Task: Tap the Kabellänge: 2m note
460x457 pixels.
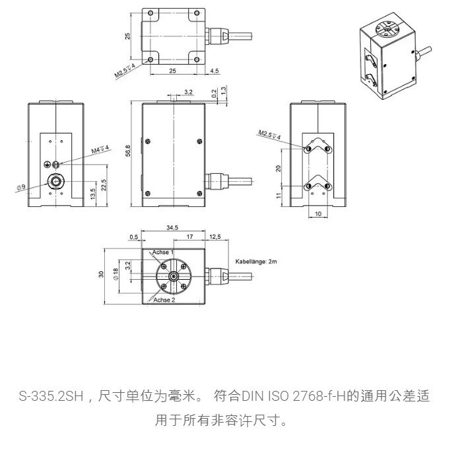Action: [x=257, y=261]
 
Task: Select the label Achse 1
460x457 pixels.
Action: [x=163, y=253]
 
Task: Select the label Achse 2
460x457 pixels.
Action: [x=164, y=300]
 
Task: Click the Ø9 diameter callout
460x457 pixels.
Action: [x=21, y=187]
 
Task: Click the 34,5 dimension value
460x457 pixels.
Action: [x=172, y=228]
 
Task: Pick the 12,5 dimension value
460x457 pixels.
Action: [x=215, y=236]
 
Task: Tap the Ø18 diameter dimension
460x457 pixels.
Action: [x=116, y=274]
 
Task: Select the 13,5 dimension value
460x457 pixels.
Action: [x=93, y=193]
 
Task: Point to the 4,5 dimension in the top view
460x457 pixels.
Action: [x=214, y=70]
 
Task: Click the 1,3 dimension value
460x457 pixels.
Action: [x=224, y=90]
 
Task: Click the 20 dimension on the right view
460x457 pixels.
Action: [x=279, y=168]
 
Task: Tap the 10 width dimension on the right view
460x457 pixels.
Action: [x=318, y=214]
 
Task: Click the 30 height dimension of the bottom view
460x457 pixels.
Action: [x=102, y=274]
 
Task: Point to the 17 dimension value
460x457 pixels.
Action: [x=189, y=236]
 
